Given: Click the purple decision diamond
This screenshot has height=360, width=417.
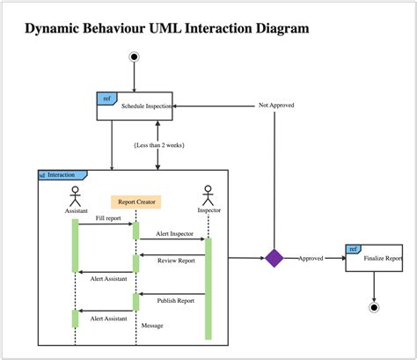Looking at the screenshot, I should click(x=274, y=258).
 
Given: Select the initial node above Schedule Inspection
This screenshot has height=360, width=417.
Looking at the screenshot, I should click(x=134, y=57).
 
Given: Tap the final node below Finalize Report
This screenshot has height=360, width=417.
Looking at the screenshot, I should click(x=374, y=307).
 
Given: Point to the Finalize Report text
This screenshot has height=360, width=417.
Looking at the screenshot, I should click(x=381, y=259).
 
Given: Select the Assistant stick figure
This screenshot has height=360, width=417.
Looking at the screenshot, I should click(x=76, y=195).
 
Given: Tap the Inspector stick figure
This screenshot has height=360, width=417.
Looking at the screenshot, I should click(x=208, y=195).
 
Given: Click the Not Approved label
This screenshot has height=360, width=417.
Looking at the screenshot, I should click(x=275, y=105).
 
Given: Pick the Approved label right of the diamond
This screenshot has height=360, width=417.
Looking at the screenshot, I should click(x=311, y=258).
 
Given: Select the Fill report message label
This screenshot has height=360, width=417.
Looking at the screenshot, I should click(x=107, y=217).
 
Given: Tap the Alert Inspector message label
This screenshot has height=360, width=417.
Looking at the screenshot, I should click(x=174, y=233).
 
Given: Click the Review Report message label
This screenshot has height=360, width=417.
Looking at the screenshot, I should click(x=176, y=260).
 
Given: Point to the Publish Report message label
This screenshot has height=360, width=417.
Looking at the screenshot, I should click(x=175, y=300).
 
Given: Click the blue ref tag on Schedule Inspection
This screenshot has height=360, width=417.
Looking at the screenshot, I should click(x=106, y=97).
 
